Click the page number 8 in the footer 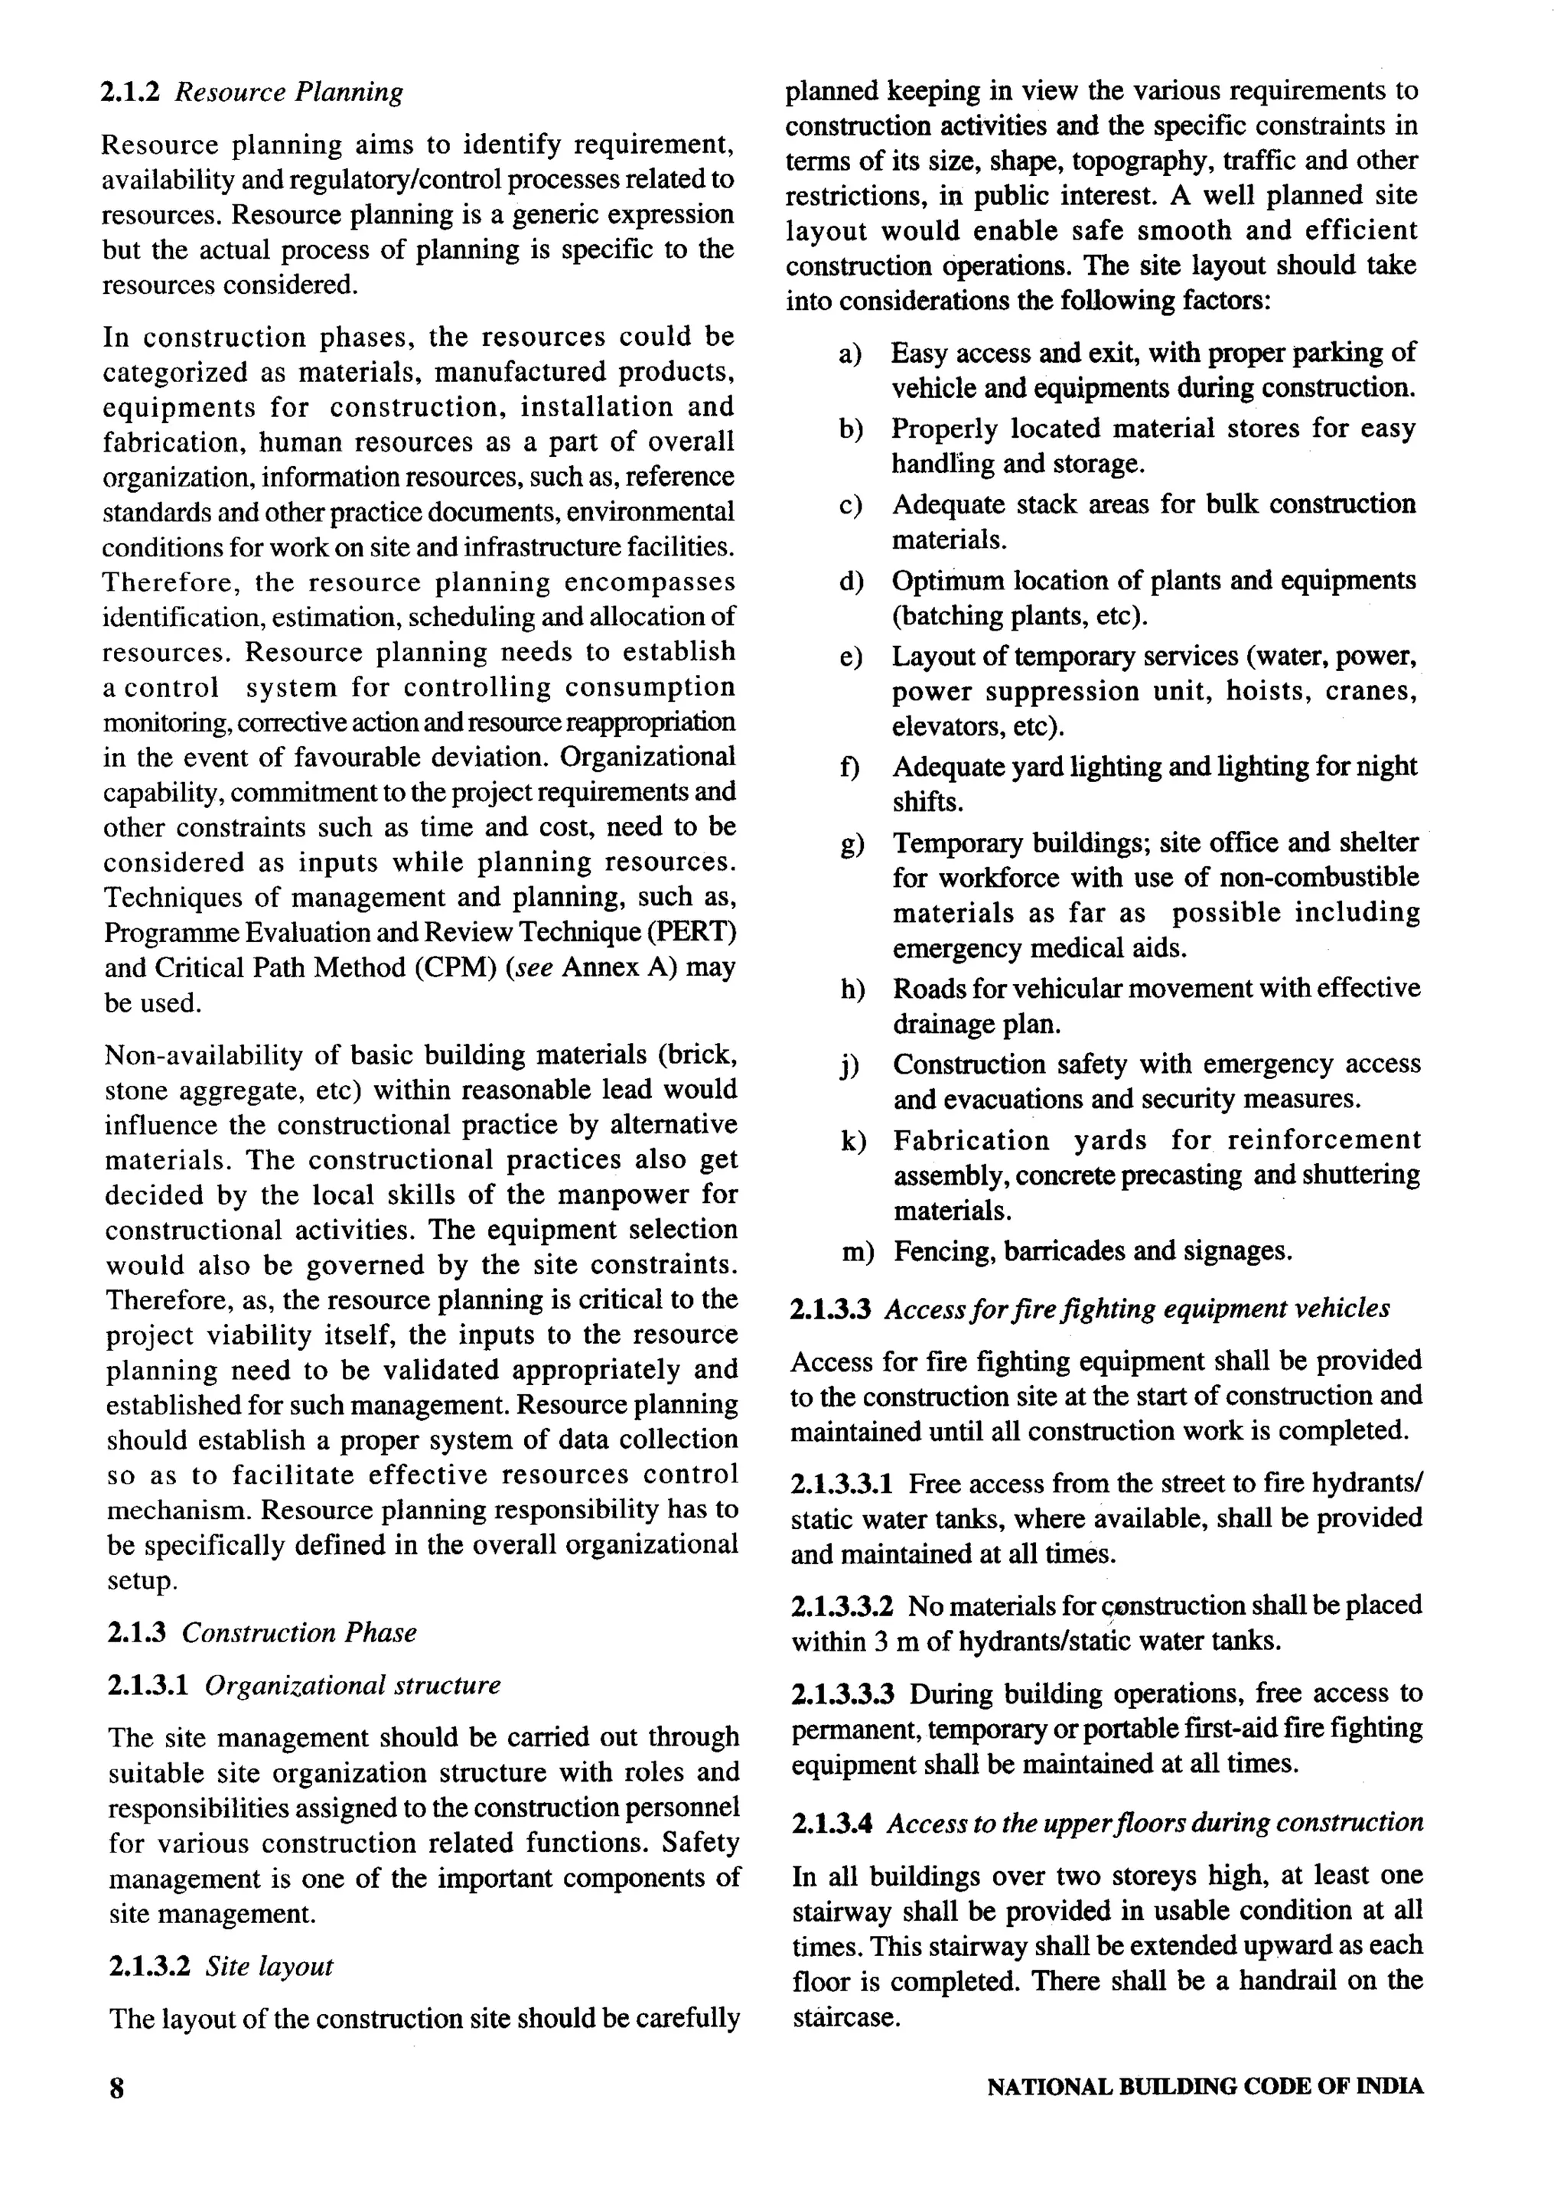[118, 2110]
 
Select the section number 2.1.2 [129, 93]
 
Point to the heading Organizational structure [353, 1685]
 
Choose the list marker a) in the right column [850, 354]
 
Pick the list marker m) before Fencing [857, 1253]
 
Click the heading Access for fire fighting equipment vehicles [1138, 1309]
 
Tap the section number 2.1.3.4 [832, 1824]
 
